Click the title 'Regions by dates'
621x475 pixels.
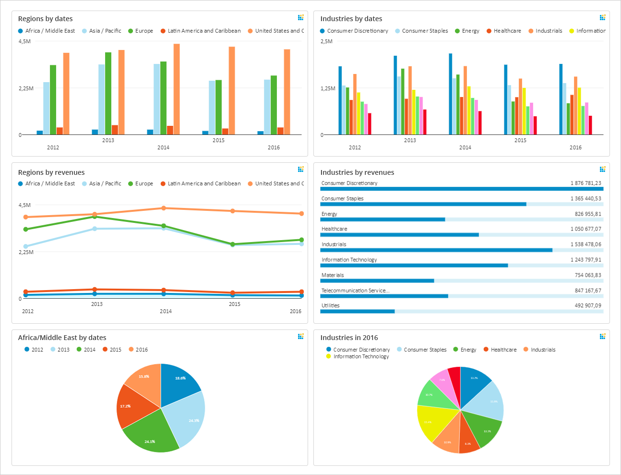[45, 19]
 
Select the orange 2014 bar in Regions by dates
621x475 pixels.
[177, 89]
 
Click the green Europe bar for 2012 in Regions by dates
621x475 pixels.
[53, 99]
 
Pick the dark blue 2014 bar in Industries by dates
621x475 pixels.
[450, 94]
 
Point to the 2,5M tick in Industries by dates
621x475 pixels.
[326, 41]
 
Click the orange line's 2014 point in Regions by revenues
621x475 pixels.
[164, 208]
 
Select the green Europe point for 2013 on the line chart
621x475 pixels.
[95, 217]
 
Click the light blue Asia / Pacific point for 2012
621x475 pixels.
[26, 246]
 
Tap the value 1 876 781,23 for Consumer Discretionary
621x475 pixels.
[585, 183]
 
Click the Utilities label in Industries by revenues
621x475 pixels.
[330, 305]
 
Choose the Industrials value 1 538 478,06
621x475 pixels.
[585, 244]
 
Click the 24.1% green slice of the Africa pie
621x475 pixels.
[150, 435]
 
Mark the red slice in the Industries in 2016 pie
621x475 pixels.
[454, 374]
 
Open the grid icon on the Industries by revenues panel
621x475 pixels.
[602, 169]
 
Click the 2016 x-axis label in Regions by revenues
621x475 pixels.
[296, 311]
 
